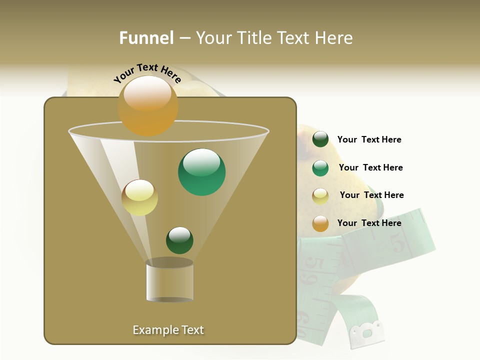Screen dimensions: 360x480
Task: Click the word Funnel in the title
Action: tap(146, 38)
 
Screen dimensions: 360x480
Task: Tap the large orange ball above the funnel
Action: tap(147, 105)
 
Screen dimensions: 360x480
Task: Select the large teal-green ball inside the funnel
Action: tap(201, 172)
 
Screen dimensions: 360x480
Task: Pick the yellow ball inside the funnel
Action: tap(139, 197)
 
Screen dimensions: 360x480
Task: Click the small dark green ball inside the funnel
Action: tap(179, 240)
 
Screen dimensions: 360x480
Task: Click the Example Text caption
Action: tap(168, 330)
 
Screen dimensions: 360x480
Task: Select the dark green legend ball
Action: tap(320, 139)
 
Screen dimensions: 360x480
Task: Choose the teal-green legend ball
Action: tap(320, 168)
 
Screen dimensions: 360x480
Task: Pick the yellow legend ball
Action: tap(320, 196)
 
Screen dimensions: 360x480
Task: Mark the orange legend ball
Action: tap(320, 223)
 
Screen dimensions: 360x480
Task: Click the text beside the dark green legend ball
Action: tap(369, 140)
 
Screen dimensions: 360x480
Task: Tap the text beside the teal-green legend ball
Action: tap(370, 168)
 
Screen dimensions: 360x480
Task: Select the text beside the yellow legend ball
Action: tap(371, 195)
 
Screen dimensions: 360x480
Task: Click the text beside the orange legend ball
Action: tap(369, 223)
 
